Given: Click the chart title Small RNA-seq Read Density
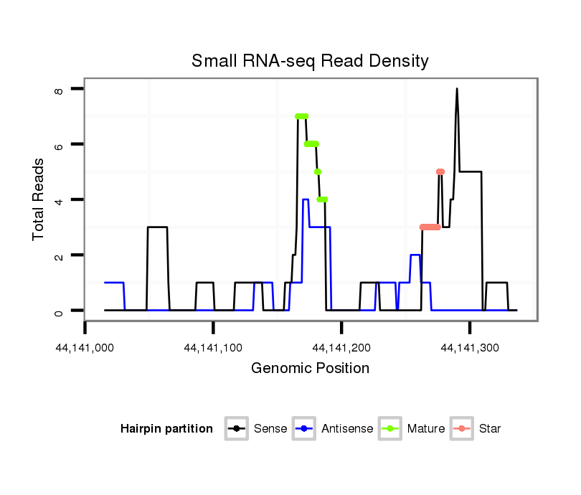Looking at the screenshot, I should pos(310,61).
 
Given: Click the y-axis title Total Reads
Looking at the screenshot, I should pos(39,199).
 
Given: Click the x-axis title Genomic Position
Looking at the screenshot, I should pos(310,369).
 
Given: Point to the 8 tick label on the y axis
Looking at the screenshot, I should pos(59,90).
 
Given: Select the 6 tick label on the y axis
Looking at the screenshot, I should pos(59,145).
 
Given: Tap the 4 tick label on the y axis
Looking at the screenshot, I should pos(59,200).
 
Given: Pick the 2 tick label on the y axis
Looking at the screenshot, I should pos(59,255).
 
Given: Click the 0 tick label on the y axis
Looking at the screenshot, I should pos(59,311).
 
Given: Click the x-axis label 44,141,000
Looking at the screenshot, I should pos(85,348).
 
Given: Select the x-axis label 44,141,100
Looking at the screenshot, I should pos(213,348).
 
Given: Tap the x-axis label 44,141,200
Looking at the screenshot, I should pos(341,348).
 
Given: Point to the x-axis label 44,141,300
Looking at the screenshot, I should pos(470,348).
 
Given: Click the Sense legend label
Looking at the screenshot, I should pos(270,429).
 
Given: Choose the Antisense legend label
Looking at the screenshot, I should pos(347,429).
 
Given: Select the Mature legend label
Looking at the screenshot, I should pos(425,429).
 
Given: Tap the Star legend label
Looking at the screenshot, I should pos(489,429).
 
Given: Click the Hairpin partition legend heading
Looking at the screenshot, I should pos(166,429).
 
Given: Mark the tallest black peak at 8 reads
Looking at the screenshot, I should pos(456,90).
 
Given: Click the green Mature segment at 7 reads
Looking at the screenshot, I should pos(301,116).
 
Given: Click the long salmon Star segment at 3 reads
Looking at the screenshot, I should pos(430,227).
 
